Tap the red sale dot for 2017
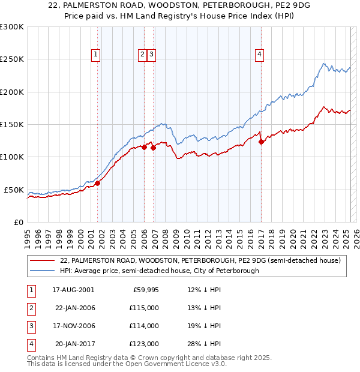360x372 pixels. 261,142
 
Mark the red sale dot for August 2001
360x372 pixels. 97,184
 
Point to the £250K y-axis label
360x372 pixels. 12,59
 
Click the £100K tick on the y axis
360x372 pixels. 12,157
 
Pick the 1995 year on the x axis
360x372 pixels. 28,238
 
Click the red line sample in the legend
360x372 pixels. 42,260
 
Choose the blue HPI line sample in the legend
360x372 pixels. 42,271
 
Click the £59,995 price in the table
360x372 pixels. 144,290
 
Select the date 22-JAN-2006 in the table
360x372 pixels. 75,308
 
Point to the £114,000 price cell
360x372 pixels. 144,326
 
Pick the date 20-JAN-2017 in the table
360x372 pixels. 75,344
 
